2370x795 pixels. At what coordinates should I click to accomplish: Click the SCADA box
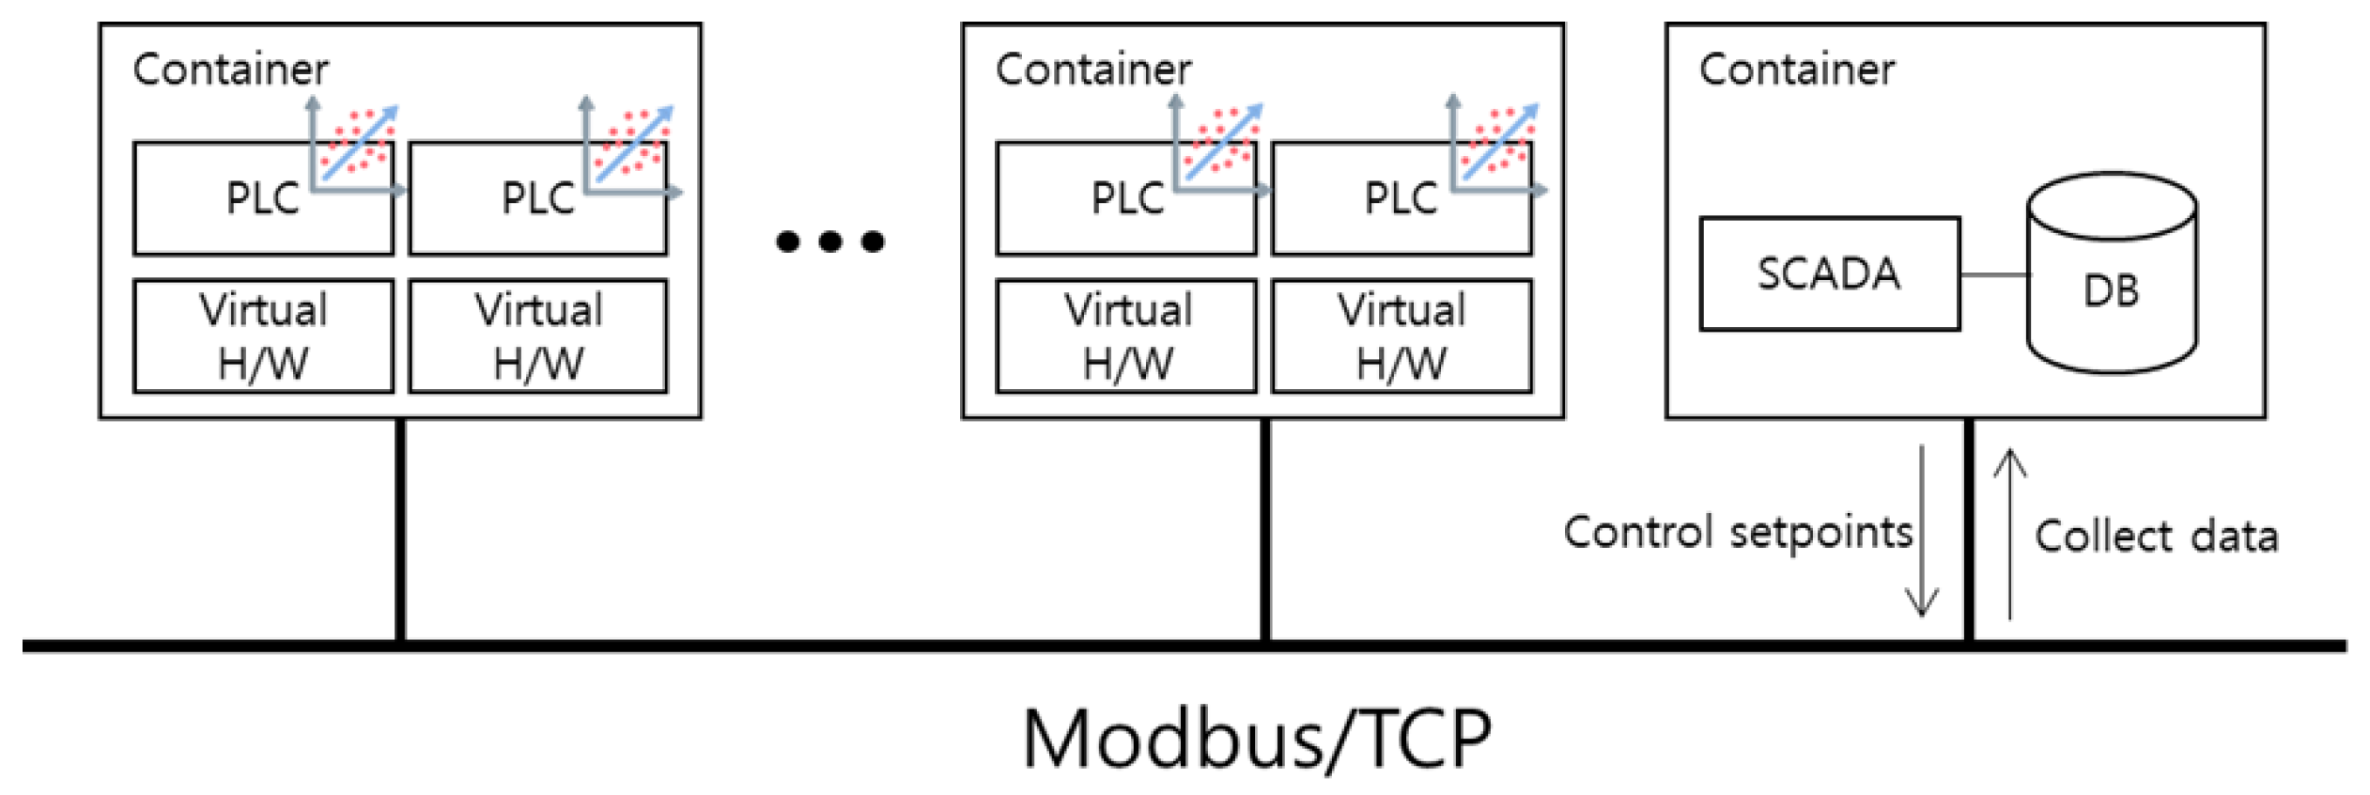(1828, 273)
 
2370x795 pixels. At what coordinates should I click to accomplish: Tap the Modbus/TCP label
(1256, 739)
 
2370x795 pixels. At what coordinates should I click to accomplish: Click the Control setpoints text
(1737, 533)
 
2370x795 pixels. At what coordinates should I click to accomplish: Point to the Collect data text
(2156, 537)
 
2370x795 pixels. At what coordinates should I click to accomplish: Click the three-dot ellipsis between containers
(829, 242)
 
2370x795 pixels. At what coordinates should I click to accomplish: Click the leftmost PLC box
(262, 199)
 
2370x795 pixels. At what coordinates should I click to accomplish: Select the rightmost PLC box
(1401, 199)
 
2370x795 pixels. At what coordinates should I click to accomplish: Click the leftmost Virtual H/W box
(262, 335)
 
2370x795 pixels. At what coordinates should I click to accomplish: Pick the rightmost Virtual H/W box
(1401, 335)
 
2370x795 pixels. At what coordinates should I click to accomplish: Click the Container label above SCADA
(1796, 70)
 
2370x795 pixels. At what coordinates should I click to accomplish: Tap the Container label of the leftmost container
(230, 70)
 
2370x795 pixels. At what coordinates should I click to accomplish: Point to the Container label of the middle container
(1092, 70)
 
